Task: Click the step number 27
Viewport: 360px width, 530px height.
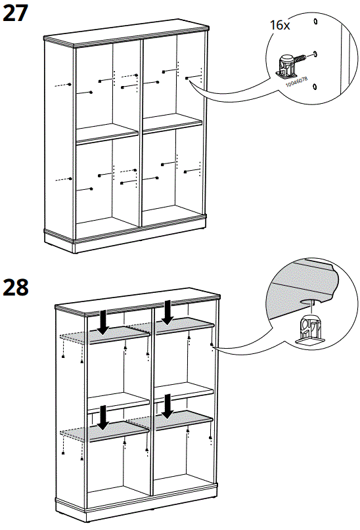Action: tap(16, 12)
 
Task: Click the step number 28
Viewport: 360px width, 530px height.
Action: tap(16, 287)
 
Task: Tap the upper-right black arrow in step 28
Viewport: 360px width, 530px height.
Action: tap(168, 311)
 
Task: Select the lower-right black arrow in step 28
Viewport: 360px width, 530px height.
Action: tap(168, 405)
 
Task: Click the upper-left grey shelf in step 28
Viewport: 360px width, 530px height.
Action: tap(105, 336)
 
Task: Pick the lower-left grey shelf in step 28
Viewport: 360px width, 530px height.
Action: tap(105, 431)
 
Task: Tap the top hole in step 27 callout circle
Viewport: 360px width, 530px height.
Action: tap(315, 21)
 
